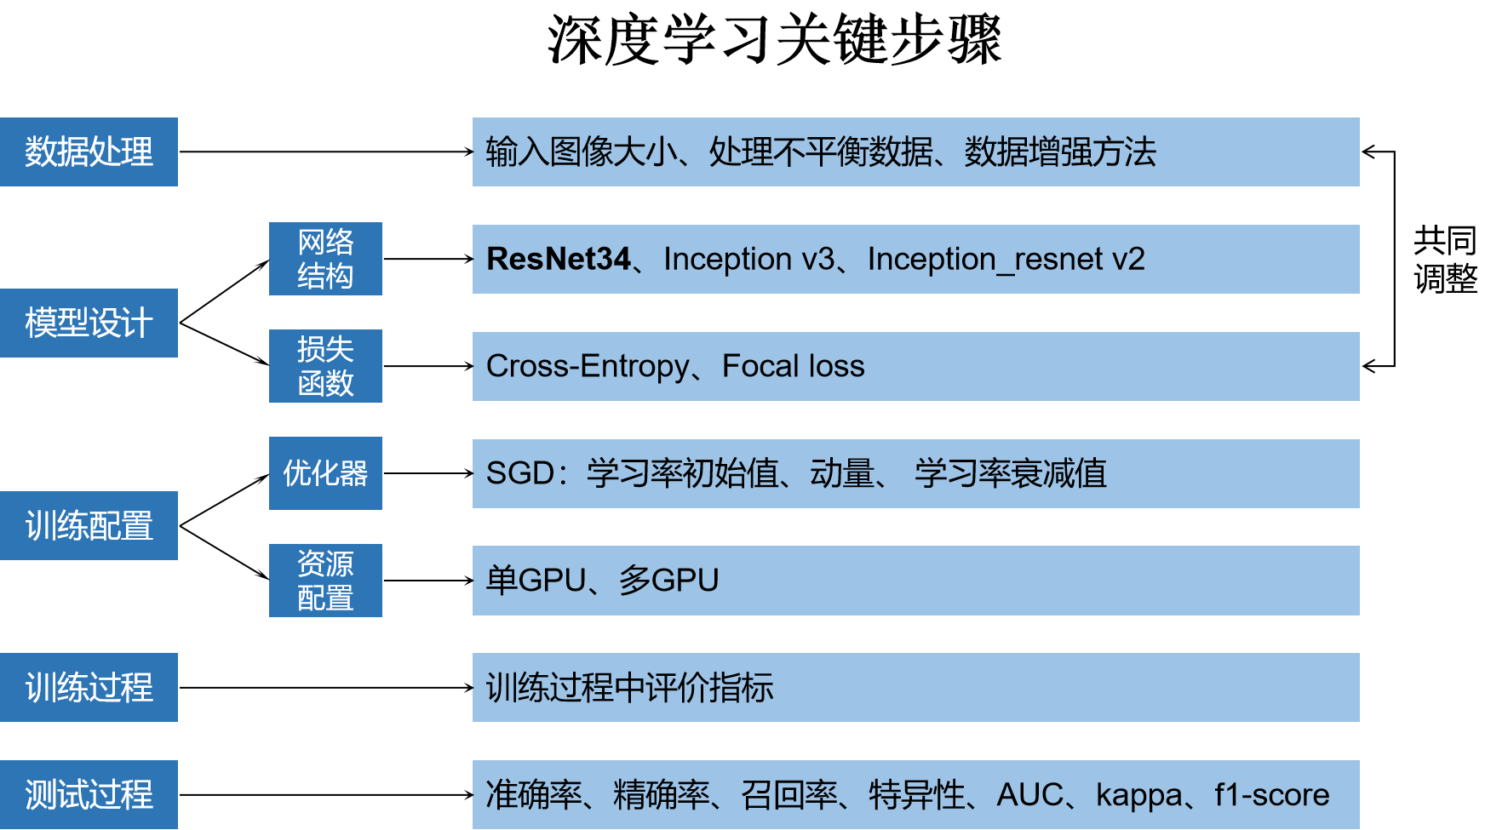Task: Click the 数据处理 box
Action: (89, 152)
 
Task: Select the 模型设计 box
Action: (89, 323)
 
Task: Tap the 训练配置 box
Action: (89, 525)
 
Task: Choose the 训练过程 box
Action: (89, 687)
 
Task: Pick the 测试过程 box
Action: (89, 794)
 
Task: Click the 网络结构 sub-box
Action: (325, 259)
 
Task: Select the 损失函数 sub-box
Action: (325, 366)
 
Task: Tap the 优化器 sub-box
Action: (325, 473)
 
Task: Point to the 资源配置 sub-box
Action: (325, 581)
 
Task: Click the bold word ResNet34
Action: (559, 259)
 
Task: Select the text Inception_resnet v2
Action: (1006, 259)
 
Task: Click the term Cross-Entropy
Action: (588, 366)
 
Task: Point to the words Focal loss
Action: (793, 366)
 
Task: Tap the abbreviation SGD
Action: (520, 473)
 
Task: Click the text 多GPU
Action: (669, 581)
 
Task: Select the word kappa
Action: (1138, 794)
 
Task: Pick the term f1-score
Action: (1271, 794)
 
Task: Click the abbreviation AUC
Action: (1029, 794)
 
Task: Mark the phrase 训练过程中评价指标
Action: (629, 687)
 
